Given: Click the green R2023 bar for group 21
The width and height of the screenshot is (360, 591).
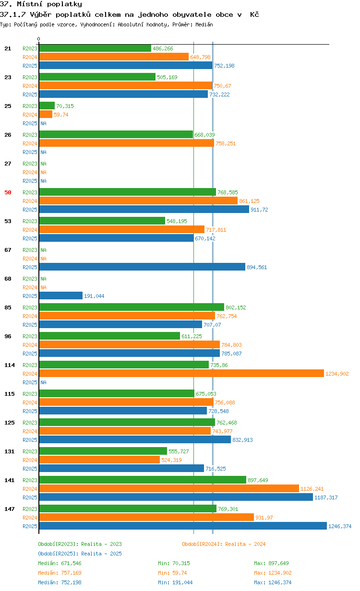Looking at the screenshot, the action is coord(95,48).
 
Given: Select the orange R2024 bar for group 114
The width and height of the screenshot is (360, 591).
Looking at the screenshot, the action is coord(181,373).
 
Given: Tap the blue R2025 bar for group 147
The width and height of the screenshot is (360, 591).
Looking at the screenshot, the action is coord(183,526).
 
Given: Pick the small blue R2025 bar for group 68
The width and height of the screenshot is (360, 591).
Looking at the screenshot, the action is coord(60,295).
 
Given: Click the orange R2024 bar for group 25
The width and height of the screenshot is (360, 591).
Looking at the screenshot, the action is coord(46,114).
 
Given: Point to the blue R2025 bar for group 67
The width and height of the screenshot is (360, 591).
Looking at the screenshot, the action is coord(142,267).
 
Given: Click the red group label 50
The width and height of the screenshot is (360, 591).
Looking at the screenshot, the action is coord(8,192).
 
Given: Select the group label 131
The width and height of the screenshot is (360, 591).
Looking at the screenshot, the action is coord(10,451).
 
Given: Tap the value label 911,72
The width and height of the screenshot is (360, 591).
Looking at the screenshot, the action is coord(259,210).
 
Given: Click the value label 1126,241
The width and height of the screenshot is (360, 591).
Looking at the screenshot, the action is coord(312,489).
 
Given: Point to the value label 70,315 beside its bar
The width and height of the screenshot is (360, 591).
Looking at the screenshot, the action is coord(65,106).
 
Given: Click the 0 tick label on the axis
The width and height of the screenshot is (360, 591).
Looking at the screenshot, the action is coord(39,39).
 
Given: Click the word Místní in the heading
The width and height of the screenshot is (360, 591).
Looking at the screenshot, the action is coord(30,4).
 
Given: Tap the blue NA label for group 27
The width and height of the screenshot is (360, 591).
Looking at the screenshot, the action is coord(43,181).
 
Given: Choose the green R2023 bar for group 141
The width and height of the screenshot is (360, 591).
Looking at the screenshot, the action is coord(143,480).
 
